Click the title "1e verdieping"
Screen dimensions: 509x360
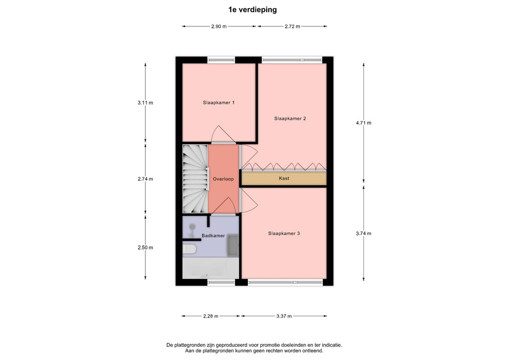(253, 10)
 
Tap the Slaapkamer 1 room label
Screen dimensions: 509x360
(219, 103)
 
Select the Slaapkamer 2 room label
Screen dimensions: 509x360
(290, 119)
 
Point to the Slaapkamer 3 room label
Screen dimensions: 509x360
(284, 233)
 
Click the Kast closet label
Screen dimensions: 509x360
(284, 178)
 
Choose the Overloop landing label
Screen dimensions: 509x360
(223, 179)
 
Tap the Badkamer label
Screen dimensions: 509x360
(213, 235)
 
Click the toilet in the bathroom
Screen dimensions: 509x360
(189, 250)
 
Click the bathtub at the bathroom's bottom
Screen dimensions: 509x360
(211, 268)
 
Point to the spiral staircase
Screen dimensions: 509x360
(195, 179)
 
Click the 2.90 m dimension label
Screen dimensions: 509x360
(219, 26)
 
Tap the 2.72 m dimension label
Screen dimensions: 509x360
(292, 26)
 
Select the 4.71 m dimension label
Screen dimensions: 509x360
(364, 123)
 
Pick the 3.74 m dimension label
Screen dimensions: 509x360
(364, 233)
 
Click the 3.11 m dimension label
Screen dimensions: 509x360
(145, 103)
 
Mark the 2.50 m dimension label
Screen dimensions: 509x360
(145, 247)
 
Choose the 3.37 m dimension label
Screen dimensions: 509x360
(284, 316)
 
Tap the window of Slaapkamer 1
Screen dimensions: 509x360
(221, 60)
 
